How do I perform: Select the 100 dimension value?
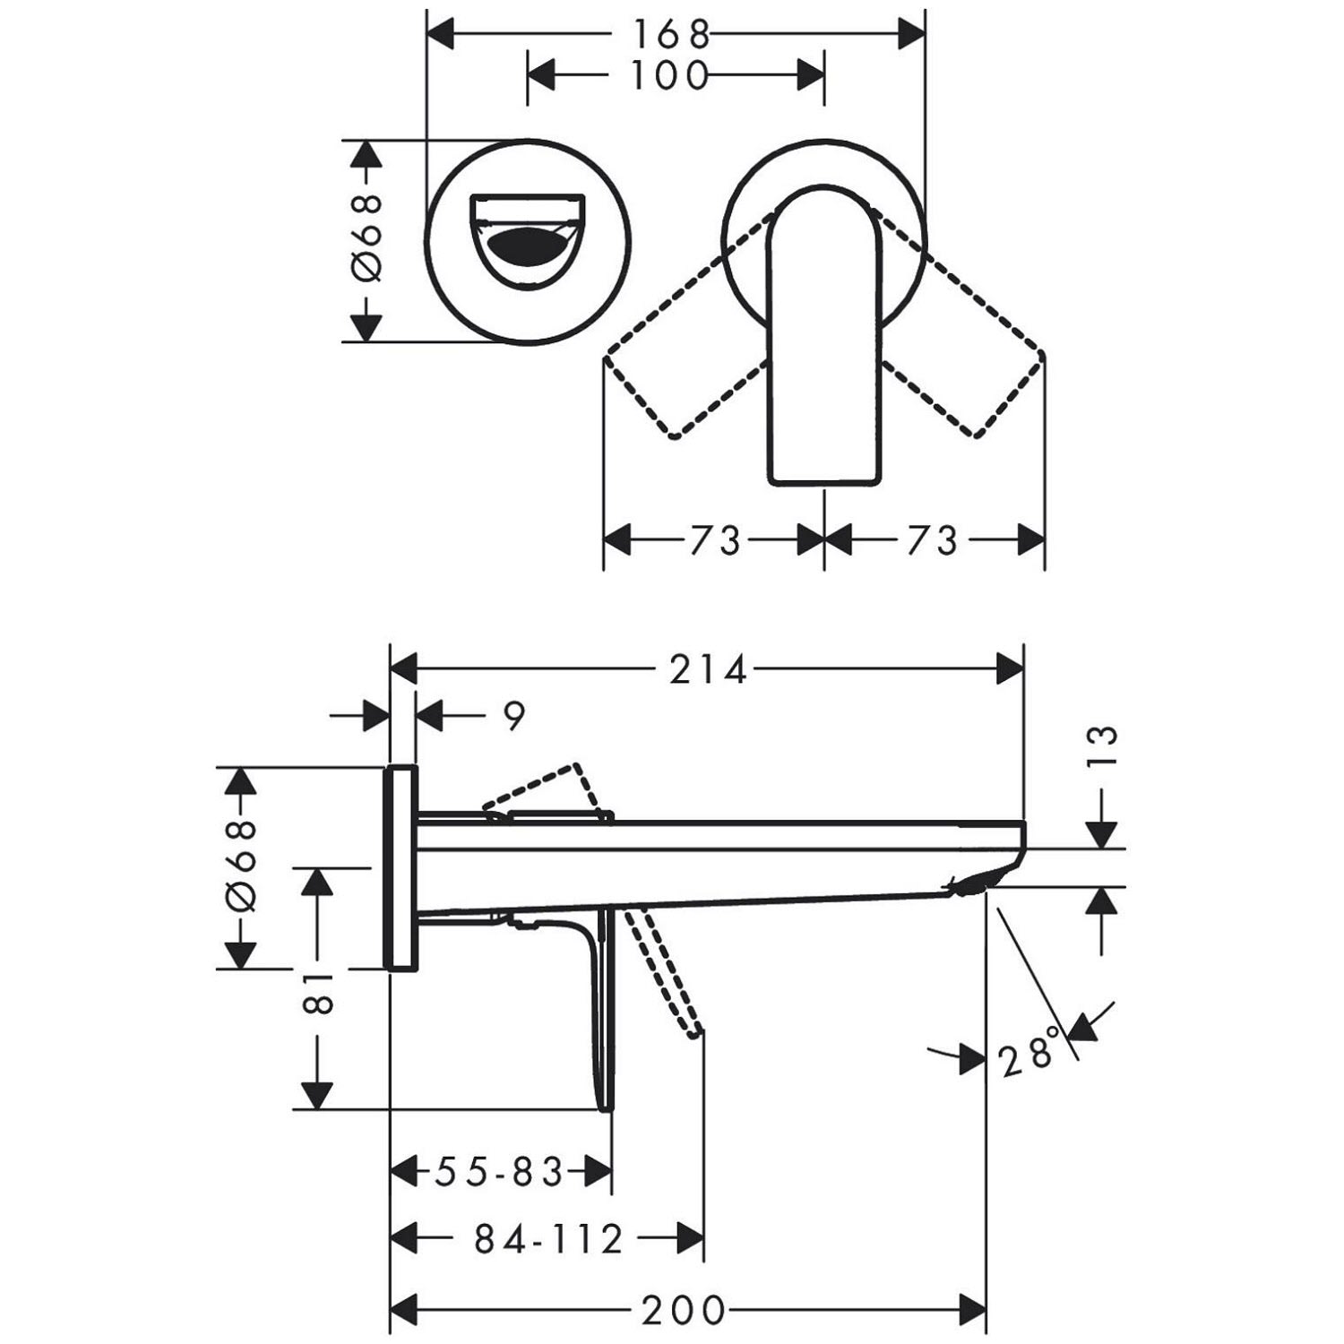coord(670,75)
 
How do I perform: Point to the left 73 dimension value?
coord(715,540)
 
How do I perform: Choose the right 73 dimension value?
coord(932,540)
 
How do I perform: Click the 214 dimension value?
coord(708,669)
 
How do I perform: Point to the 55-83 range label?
coord(499,1171)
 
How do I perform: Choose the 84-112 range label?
coord(548,1240)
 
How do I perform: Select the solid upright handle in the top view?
coord(823,335)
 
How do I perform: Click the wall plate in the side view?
coord(401,867)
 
